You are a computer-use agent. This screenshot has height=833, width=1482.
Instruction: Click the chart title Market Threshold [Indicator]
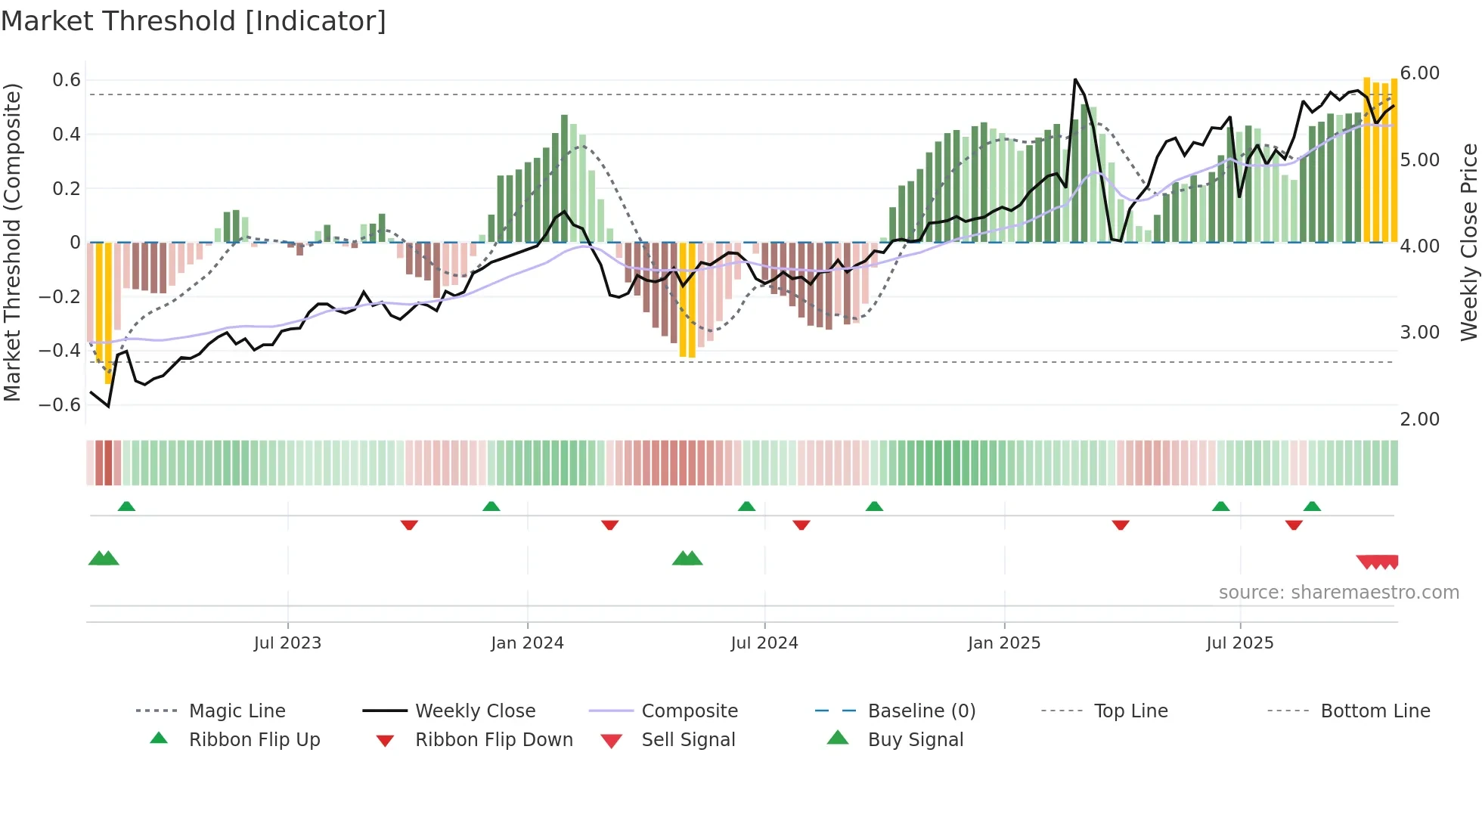coord(194,21)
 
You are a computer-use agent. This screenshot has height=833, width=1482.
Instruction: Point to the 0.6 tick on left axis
coord(67,80)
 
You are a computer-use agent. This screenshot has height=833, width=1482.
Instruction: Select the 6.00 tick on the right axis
coord(1419,73)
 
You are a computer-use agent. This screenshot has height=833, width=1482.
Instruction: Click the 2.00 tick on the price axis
coord(1419,420)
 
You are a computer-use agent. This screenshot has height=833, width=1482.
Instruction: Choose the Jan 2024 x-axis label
coord(527,643)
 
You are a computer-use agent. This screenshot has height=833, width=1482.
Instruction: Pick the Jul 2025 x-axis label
coord(1239,643)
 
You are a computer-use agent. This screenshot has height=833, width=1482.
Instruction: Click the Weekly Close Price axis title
coord(1468,242)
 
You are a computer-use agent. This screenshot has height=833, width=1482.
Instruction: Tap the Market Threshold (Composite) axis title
coord(12,242)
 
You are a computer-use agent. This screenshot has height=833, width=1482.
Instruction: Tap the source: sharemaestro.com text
coord(1338,593)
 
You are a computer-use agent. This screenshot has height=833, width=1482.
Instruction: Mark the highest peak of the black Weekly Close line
coord(1075,79)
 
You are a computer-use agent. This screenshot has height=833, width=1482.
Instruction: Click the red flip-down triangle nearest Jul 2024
coord(801,525)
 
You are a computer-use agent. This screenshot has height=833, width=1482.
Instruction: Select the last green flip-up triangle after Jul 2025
coord(1312,506)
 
